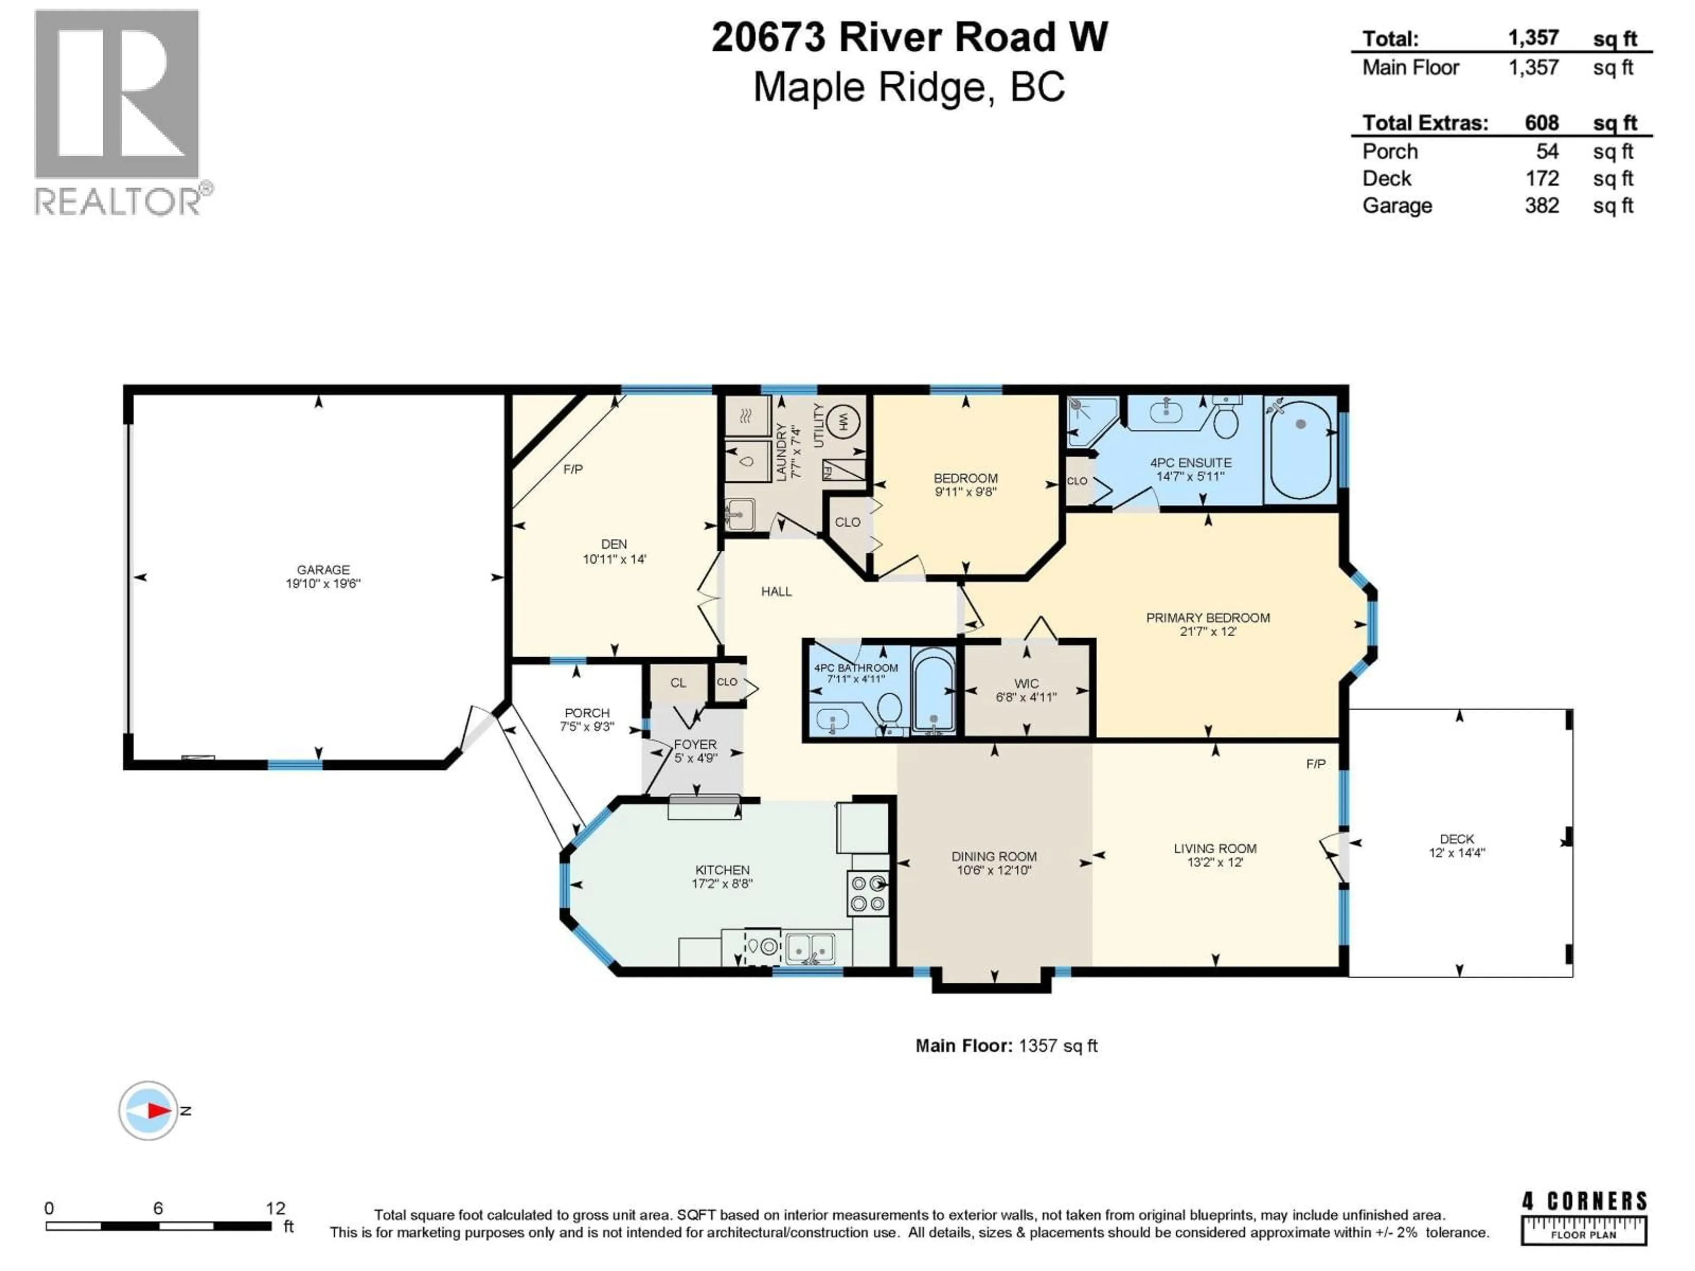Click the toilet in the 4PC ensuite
1226,420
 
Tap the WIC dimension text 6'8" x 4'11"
1026,697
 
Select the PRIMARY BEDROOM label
1208,617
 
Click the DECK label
1456,839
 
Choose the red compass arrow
158,1110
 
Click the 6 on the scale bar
158,1208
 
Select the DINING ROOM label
994,857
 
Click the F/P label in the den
573,469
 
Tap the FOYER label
695,744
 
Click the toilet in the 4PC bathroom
889,709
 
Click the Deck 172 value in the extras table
1542,178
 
